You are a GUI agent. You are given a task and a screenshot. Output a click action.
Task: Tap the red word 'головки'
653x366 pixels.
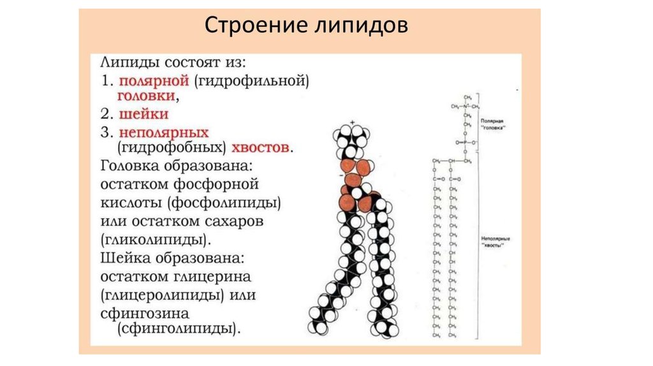[146, 96]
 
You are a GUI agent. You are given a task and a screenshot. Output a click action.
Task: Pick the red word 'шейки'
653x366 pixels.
[143, 114]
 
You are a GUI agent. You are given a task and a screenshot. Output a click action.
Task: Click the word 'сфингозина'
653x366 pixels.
[145, 314]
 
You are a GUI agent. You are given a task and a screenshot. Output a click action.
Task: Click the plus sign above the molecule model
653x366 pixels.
[351, 122]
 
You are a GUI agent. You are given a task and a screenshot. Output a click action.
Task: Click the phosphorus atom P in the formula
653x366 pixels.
[467, 143]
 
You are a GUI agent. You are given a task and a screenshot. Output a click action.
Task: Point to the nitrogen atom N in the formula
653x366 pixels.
[466, 106]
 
